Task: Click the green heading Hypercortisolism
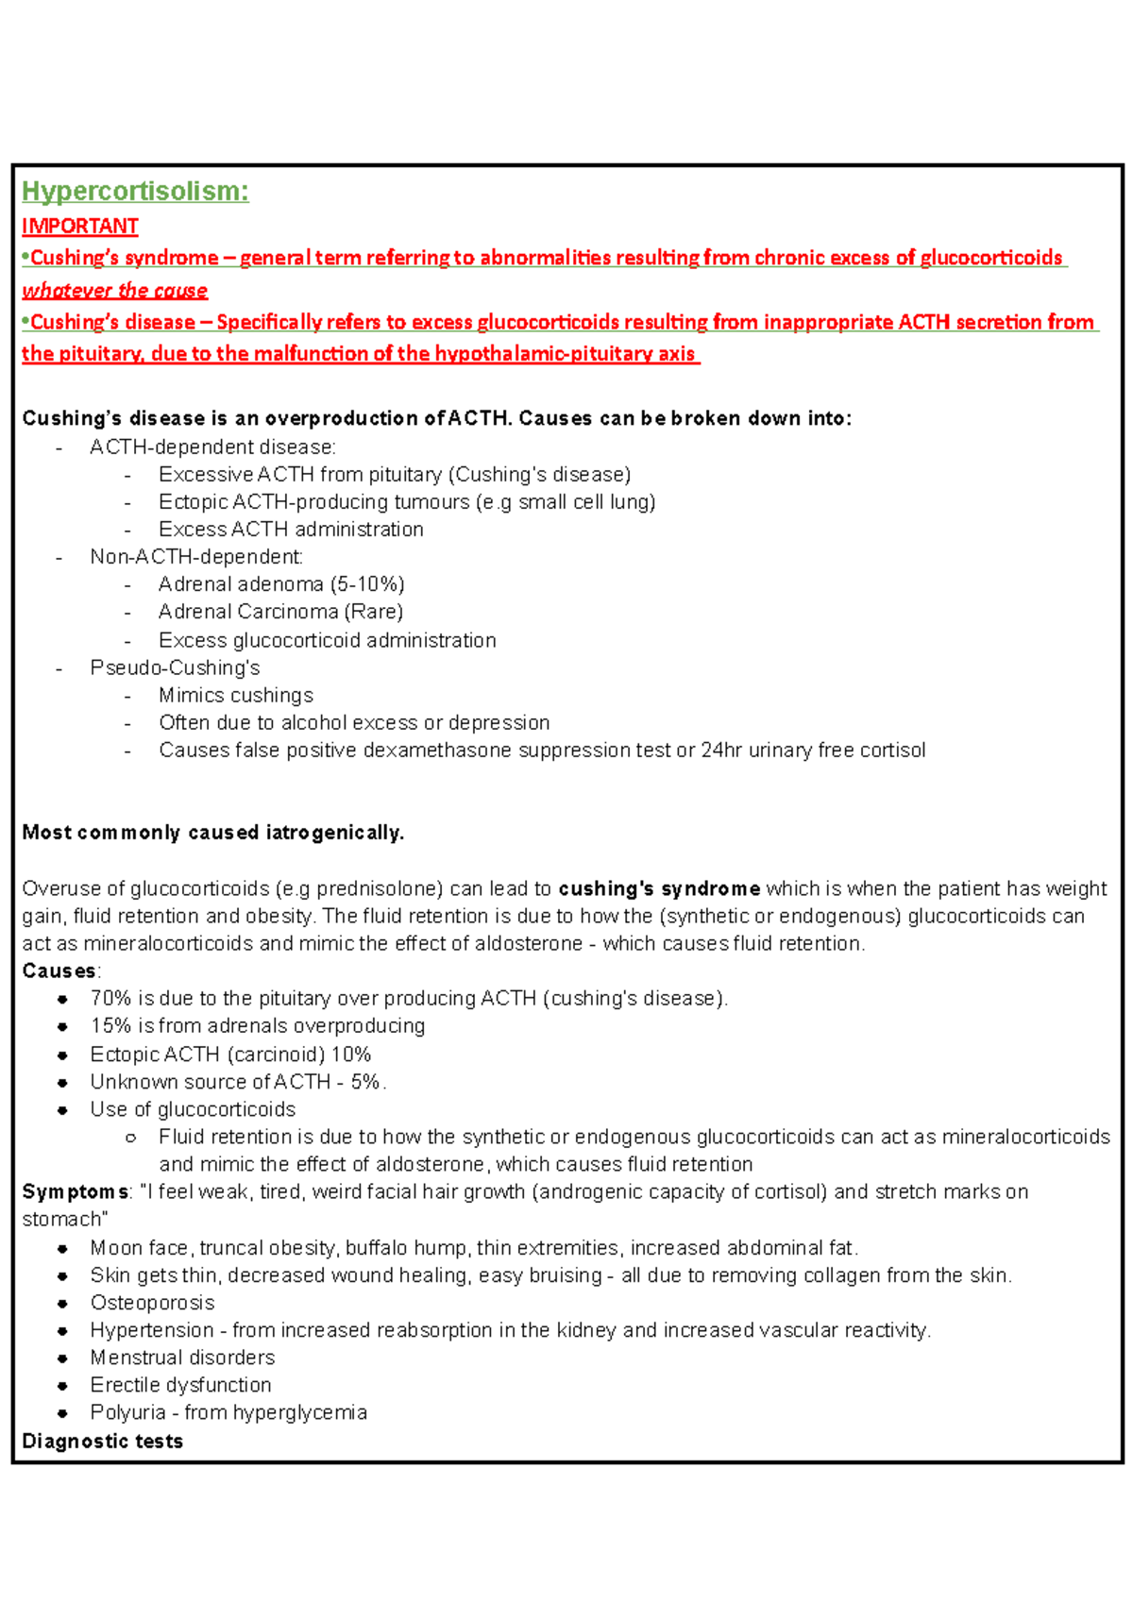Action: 135,192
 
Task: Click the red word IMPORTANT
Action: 80,227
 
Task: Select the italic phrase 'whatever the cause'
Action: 114,291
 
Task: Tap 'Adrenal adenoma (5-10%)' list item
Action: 281,584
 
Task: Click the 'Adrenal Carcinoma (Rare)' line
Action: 280,612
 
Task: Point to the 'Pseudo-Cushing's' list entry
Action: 175,667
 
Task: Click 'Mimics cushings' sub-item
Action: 236,696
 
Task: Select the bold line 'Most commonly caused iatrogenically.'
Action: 212,833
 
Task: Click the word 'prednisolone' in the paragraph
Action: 374,889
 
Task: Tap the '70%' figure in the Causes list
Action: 110,999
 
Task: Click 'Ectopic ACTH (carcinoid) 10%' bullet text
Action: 230,1055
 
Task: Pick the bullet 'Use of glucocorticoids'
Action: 193,1109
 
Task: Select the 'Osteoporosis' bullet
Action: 152,1303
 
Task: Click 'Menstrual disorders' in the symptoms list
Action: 182,1358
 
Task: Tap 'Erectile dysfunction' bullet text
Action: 180,1385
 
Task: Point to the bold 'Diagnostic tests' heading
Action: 102,1442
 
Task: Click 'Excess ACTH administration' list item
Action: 291,530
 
